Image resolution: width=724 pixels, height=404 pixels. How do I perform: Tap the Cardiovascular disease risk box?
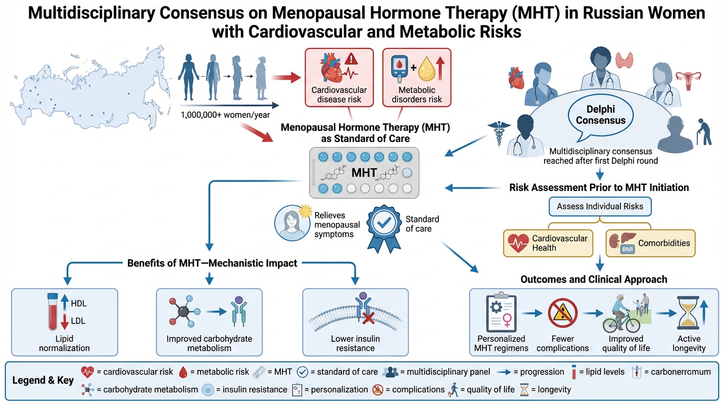339,77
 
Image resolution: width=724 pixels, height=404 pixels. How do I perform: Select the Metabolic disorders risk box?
417,77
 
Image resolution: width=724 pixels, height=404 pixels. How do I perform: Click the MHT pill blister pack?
364,172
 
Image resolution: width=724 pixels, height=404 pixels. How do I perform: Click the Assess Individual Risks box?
600,206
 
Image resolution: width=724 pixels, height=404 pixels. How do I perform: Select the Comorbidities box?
650,243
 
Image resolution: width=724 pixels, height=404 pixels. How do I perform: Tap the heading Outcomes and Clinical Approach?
594,279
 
